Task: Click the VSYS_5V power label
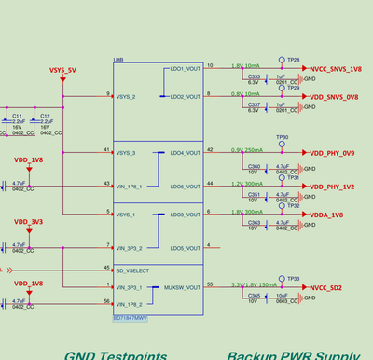click(62, 70)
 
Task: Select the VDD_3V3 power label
click(28, 223)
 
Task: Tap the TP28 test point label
click(294, 60)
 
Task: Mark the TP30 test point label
click(283, 137)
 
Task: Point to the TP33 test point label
click(293, 278)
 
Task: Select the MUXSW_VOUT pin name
click(182, 288)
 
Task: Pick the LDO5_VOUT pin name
click(185, 248)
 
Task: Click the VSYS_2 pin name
click(127, 96)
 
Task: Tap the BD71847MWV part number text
click(130, 319)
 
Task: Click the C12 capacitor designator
click(45, 116)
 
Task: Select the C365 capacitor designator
click(254, 295)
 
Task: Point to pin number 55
click(210, 284)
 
